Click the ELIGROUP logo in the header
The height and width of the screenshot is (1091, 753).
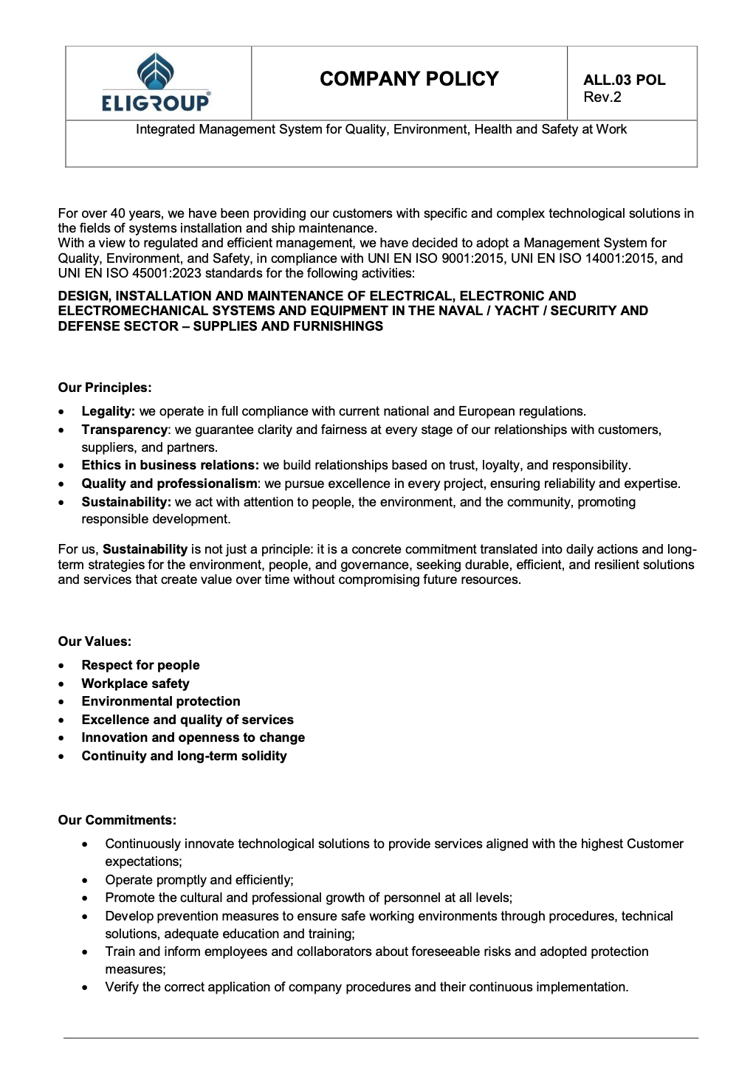click(x=156, y=83)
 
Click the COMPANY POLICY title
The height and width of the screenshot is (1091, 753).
click(x=409, y=79)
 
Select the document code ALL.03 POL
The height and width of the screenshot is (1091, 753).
click(x=624, y=80)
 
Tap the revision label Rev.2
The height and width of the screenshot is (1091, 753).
click(x=602, y=97)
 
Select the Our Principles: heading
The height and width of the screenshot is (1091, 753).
click(x=105, y=388)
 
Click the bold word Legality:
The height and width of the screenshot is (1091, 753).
click(x=108, y=411)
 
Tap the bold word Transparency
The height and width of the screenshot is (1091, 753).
click(x=124, y=430)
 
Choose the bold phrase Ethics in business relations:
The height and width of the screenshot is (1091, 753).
click(x=170, y=465)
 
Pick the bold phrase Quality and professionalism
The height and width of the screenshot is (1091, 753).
click(x=169, y=483)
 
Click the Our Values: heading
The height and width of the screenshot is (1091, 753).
click(x=94, y=641)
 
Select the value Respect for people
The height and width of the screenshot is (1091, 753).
click(x=140, y=665)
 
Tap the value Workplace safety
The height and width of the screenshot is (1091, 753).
click(x=135, y=684)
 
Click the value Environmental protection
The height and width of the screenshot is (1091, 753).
click(x=161, y=701)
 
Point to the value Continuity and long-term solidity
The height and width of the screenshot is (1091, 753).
click(x=184, y=756)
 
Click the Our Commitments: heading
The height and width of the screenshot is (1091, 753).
click(x=117, y=820)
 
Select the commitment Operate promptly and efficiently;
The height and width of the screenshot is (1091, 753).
click(x=199, y=880)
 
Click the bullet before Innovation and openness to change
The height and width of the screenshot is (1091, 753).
click(x=65, y=738)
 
